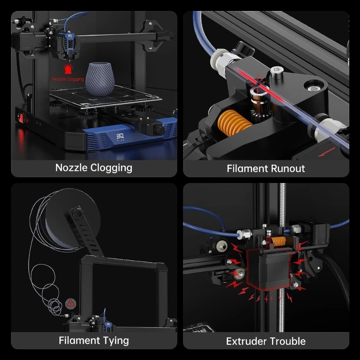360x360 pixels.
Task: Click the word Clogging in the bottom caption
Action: coord(111,168)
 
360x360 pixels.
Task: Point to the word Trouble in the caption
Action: coord(287,341)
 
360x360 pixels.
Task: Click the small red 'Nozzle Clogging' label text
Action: coord(68,79)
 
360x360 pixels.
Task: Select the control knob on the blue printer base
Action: coord(160,130)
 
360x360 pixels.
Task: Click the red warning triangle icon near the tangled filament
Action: coord(70,303)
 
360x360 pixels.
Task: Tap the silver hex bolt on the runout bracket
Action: coord(276,71)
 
